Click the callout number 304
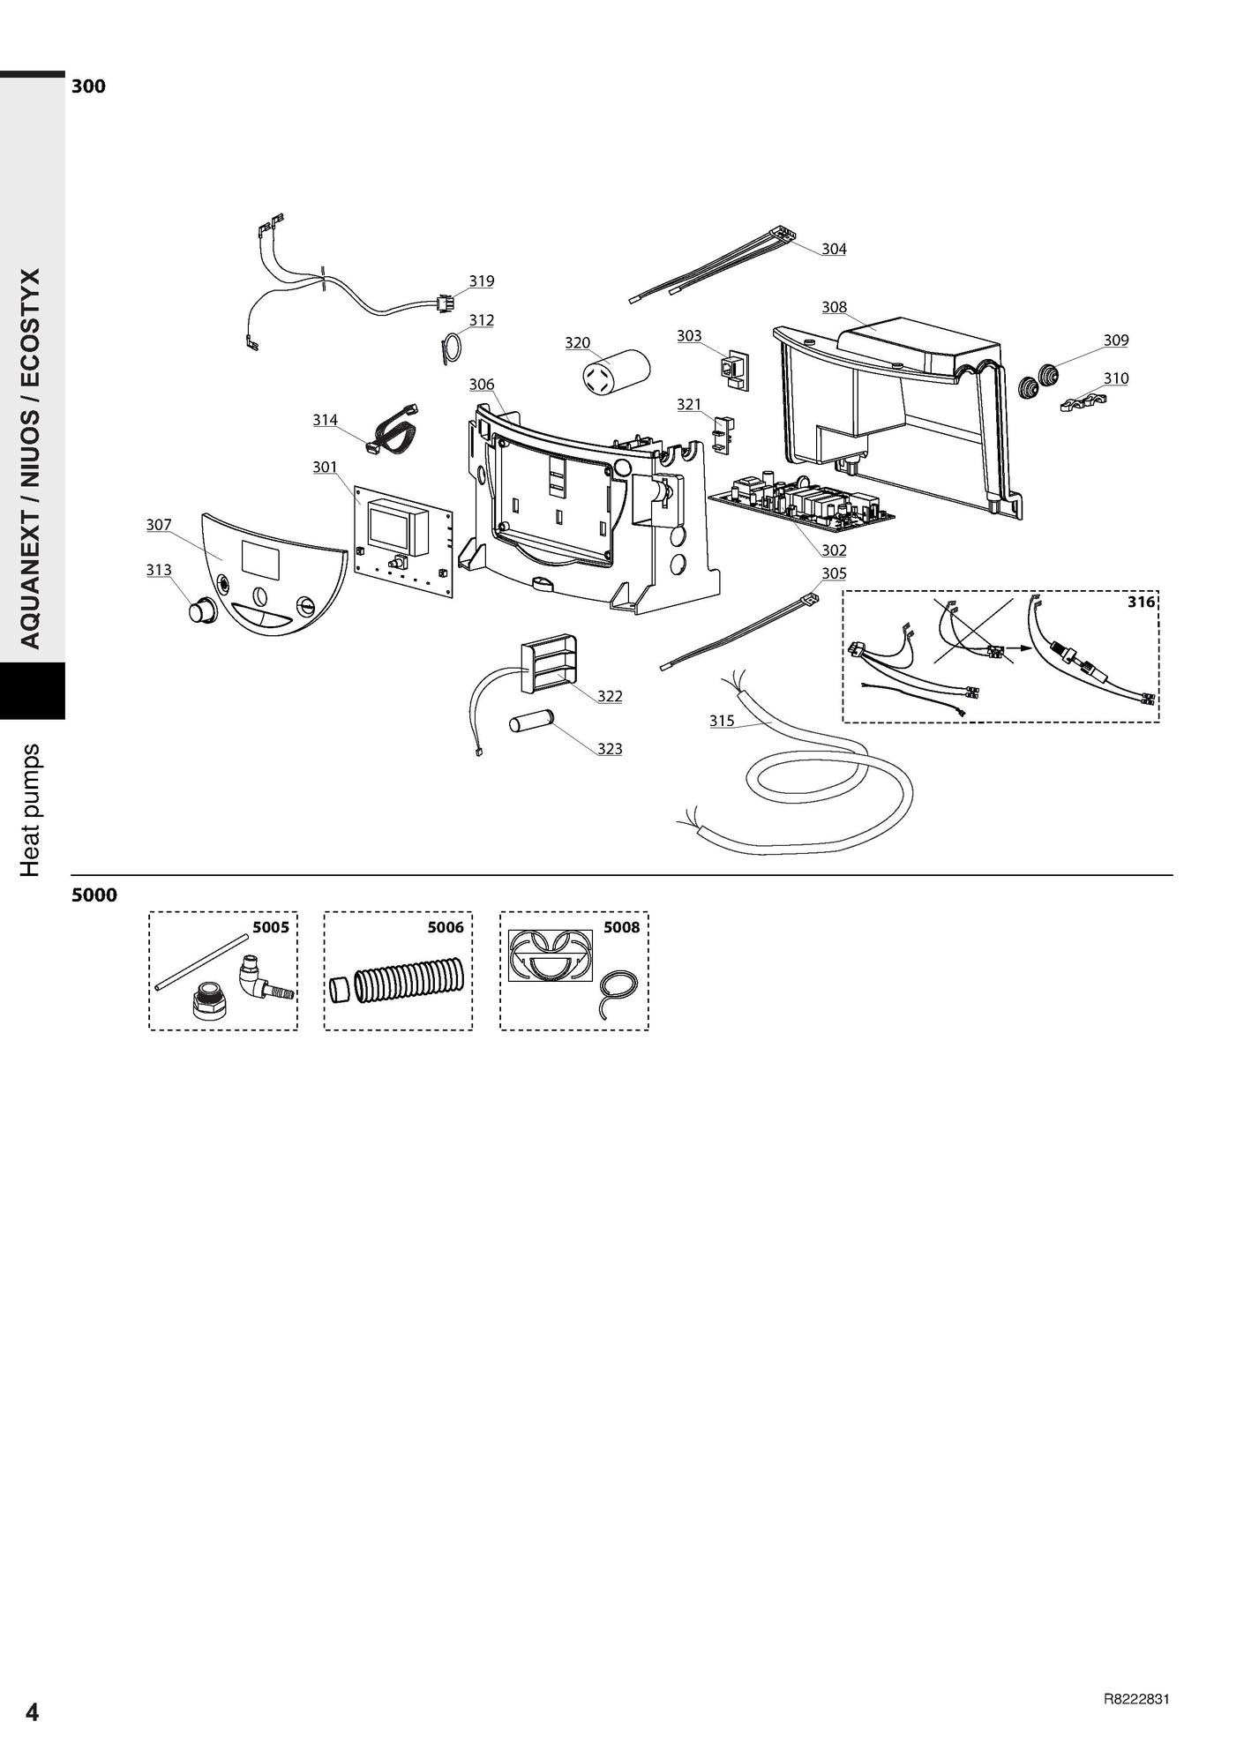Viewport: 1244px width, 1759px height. point(834,249)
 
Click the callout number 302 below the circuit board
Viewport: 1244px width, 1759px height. point(833,550)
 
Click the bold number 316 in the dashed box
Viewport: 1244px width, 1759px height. point(1140,602)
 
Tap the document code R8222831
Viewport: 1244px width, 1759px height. point(1136,1700)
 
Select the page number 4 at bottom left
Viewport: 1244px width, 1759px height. point(32,1712)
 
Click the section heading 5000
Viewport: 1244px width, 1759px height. point(94,895)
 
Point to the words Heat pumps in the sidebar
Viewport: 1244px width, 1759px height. point(31,810)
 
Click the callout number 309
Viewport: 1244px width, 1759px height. point(1115,341)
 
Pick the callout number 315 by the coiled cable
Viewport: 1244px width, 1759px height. point(722,721)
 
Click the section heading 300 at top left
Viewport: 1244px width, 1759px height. point(88,86)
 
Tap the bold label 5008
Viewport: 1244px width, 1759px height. point(621,927)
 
